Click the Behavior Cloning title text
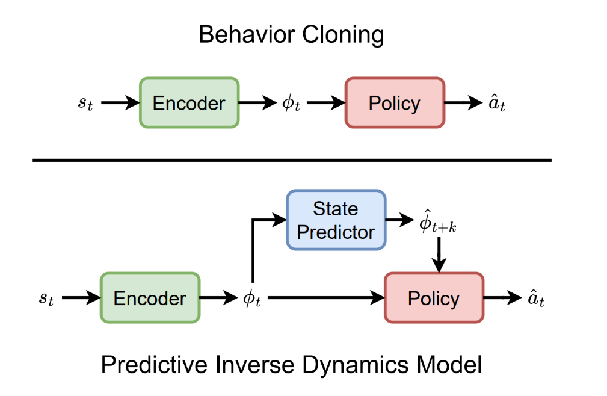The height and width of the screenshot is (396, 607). (x=291, y=35)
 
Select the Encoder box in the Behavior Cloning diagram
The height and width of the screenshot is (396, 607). (x=189, y=103)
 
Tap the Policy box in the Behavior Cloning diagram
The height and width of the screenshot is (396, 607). (x=394, y=103)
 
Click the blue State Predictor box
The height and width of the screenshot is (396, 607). (x=336, y=220)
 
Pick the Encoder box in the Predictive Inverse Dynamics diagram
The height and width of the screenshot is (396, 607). (x=149, y=298)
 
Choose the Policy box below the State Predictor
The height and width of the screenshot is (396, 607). (x=433, y=298)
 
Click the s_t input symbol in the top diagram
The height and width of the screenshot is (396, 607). (x=85, y=103)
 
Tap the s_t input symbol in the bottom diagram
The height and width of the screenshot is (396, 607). (x=46, y=298)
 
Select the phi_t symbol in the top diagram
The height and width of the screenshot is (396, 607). (x=291, y=103)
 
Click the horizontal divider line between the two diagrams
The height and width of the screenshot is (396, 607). (x=291, y=160)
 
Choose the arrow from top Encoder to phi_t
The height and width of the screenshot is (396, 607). (x=259, y=103)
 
